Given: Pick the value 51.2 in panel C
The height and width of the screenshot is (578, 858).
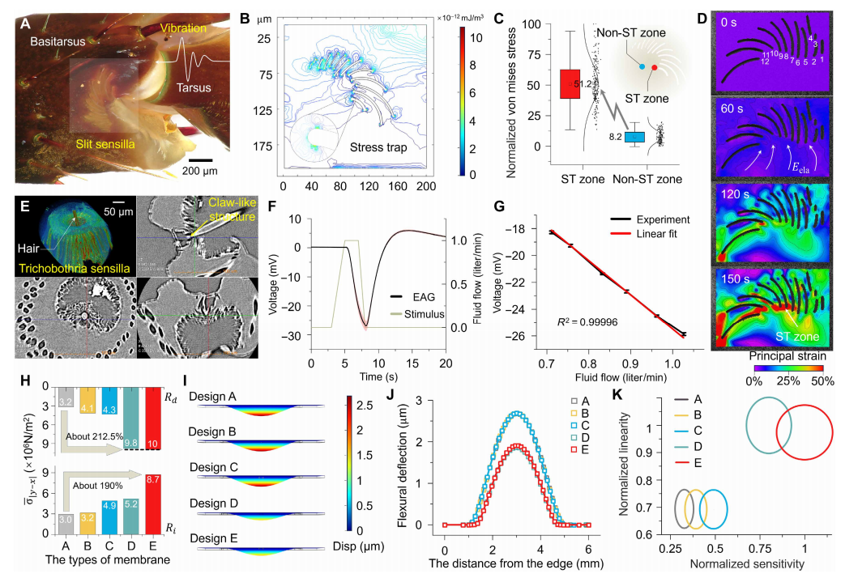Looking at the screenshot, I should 583,83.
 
